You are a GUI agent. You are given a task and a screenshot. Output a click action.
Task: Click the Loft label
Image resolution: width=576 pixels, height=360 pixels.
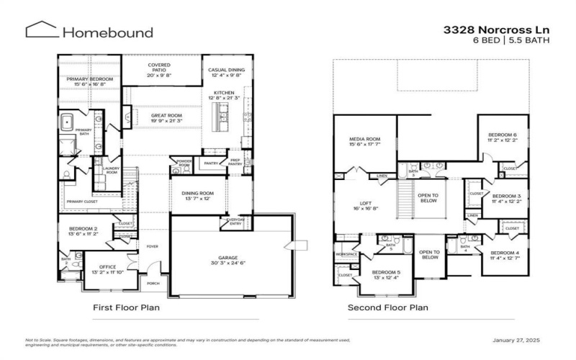(x=367, y=204)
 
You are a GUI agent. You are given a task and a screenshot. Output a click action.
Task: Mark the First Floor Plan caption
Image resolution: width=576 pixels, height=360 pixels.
(x=126, y=308)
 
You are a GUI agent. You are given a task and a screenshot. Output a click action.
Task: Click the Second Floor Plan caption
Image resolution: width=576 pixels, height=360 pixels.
(x=387, y=308)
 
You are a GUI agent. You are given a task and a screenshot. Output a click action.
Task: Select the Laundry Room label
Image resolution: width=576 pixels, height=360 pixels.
(x=112, y=171)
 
